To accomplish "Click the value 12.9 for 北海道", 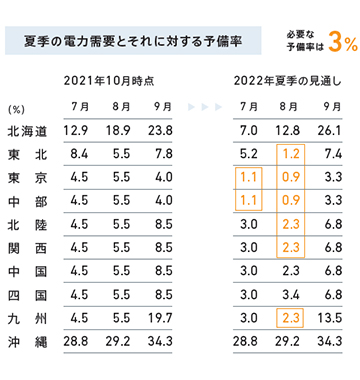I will click(x=75, y=131).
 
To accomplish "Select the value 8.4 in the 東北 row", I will click(x=75, y=154).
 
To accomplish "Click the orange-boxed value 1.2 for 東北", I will click(x=292, y=154).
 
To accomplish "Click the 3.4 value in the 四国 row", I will click(x=292, y=295).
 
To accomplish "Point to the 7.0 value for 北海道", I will click(x=249, y=131).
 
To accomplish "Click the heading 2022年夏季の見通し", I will click(x=290, y=79).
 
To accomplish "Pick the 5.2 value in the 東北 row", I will click(x=249, y=154).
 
